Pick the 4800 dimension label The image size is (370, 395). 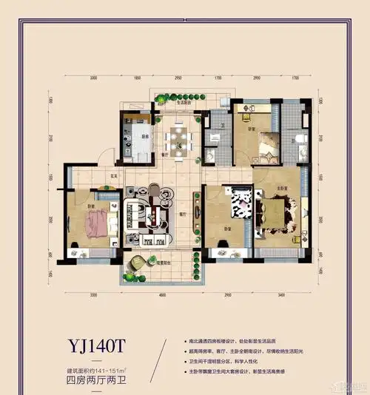pos(161,294)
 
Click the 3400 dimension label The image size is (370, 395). pos(280,294)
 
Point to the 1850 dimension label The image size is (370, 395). pos(137,77)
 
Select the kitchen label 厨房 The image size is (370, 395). pos(145,135)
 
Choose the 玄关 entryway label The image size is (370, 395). pos(115,176)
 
